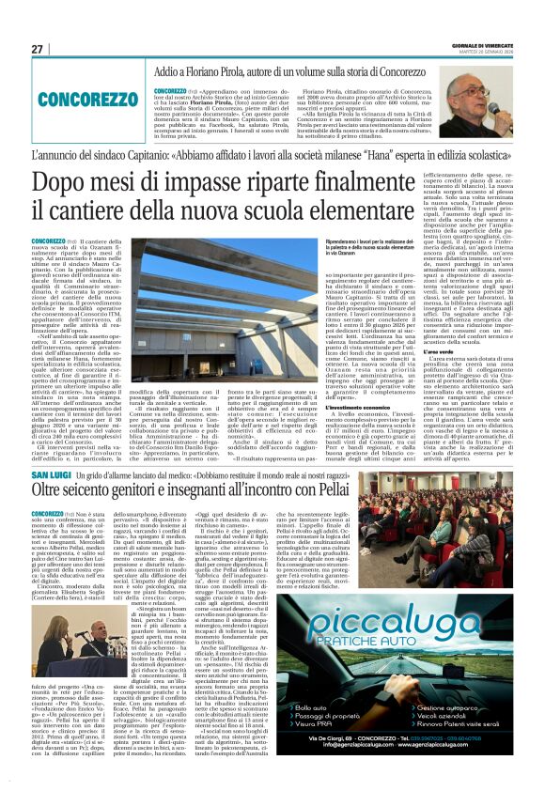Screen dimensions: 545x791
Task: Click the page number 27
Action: click(x=37, y=49)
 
